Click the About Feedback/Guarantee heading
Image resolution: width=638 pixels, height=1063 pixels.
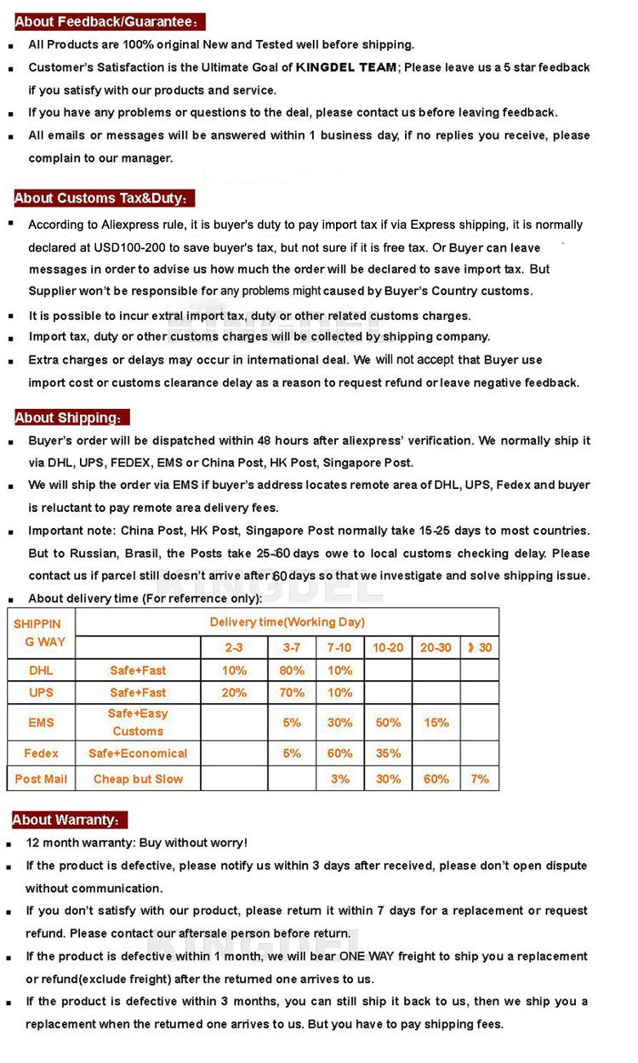[108, 22]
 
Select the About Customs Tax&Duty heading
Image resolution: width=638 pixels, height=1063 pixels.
[104, 198]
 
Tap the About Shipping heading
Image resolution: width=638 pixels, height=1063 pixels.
[71, 418]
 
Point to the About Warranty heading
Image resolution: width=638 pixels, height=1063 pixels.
[69, 820]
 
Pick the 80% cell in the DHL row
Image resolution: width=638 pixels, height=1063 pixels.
[292, 670]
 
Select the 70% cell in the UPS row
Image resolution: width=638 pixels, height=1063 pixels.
[292, 692]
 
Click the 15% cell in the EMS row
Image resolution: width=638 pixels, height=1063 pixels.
[436, 722]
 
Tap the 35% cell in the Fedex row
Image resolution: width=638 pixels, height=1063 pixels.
[388, 753]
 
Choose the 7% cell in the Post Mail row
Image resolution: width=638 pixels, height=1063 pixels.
[480, 778]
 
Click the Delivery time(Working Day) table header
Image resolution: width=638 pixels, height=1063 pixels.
[287, 622]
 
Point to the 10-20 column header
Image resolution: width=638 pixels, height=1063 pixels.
[388, 647]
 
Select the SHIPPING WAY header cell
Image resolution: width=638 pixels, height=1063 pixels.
[40, 633]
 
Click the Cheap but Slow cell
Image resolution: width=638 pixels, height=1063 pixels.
[138, 778]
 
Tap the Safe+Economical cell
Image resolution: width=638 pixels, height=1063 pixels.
[138, 753]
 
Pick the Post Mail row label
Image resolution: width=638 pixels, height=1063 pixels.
[41, 778]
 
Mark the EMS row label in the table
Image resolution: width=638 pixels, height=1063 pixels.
[41, 722]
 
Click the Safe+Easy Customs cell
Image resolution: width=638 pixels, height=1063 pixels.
[138, 722]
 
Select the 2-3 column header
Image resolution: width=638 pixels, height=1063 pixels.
[234, 647]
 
